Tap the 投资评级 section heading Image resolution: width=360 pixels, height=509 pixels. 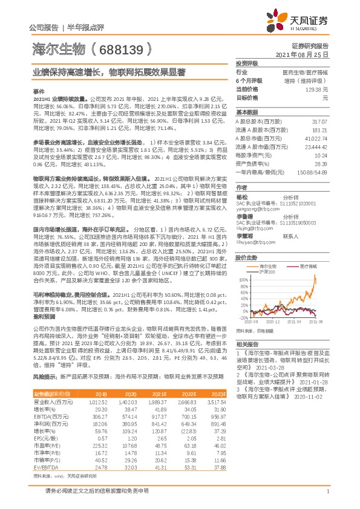(246, 63)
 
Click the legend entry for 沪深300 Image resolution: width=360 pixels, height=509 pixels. (269, 256)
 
